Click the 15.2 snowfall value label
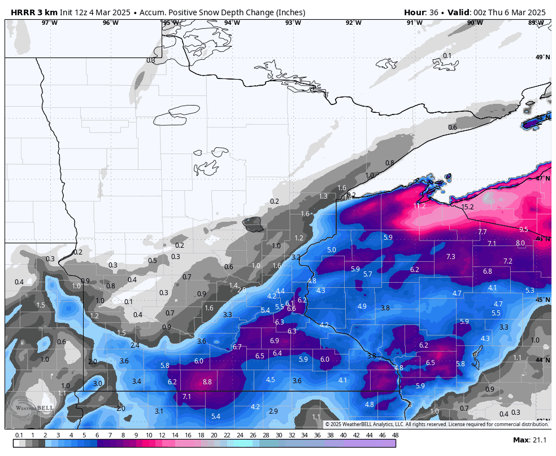468,207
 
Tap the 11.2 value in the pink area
419,206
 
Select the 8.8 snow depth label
207,382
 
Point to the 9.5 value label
523,230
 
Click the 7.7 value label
482,232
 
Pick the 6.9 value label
275,341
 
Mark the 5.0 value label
332,250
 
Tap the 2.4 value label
135,345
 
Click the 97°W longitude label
49,23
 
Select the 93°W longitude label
293,23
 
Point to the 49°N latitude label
542,58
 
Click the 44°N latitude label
542,360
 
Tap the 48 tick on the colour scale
395,435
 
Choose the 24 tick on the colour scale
240,435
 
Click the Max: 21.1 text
529,440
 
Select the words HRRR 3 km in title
34,12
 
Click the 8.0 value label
520,243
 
